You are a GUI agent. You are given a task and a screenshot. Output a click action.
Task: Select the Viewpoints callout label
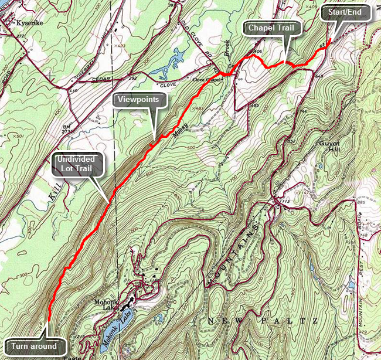click(140, 100)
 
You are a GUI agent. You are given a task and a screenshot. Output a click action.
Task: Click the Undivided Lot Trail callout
click(78, 165)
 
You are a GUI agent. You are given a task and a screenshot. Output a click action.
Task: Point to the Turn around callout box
click(33, 346)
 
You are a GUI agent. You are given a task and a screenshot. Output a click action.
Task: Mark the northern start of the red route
click(329, 40)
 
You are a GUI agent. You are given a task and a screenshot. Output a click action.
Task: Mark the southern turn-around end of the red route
click(48, 322)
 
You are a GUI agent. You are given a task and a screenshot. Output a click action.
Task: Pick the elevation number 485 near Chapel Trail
click(254, 106)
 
